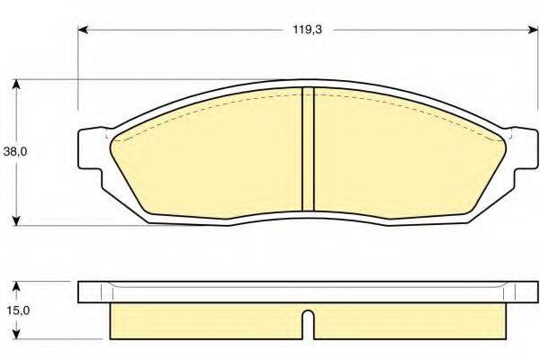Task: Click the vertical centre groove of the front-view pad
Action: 307,148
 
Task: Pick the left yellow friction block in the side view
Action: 205,322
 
